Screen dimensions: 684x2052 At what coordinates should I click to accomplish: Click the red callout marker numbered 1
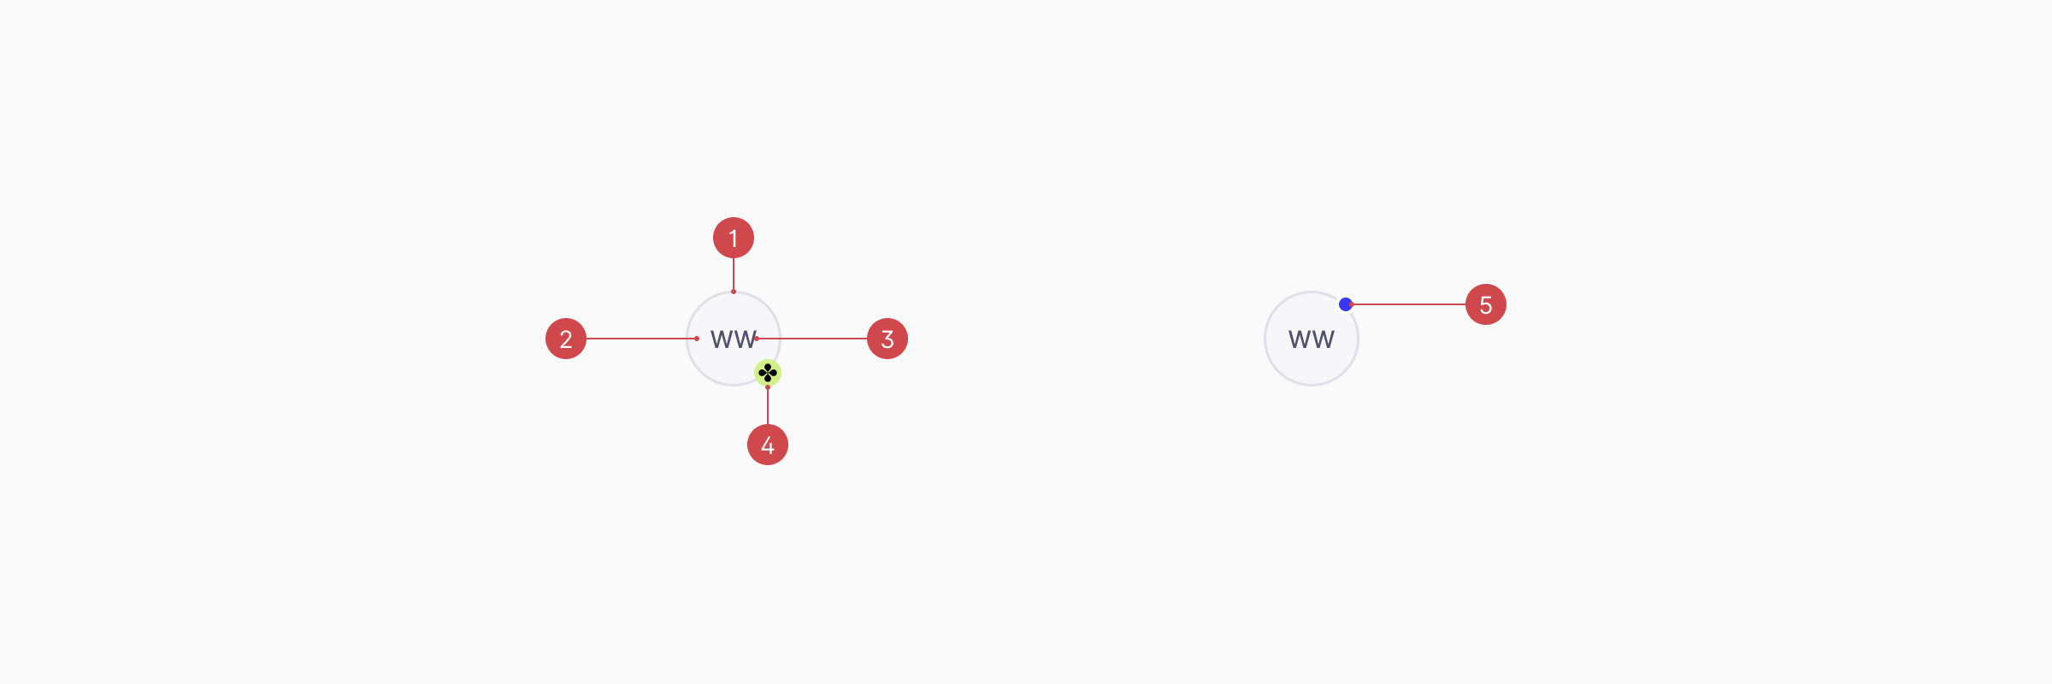[734, 238]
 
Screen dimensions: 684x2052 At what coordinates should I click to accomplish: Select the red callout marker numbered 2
[566, 339]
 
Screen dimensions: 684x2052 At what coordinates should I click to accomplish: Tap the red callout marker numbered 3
[887, 339]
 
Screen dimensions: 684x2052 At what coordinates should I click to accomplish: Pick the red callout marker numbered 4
[768, 445]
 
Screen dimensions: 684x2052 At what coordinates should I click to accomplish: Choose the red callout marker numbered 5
[1486, 304]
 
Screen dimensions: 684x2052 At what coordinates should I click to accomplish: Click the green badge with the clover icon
[768, 373]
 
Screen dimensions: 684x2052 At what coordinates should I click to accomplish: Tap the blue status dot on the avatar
[1345, 304]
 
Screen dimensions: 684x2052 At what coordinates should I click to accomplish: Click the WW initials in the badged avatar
[733, 339]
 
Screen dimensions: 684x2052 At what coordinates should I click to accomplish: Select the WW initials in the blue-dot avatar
[1312, 339]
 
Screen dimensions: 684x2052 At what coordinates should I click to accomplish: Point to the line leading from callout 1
[734, 274]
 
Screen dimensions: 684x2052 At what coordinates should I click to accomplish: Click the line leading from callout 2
[641, 339]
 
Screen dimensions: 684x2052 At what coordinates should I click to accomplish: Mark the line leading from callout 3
[812, 339]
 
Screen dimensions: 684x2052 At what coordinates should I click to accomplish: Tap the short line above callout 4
[768, 406]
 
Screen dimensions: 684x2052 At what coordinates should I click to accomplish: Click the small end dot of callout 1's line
[734, 292]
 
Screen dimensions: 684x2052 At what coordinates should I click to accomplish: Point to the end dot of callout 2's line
[697, 339]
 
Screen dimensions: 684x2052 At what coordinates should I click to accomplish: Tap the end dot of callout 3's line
[757, 339]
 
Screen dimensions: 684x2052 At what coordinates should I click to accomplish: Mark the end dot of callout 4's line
[768, 387]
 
